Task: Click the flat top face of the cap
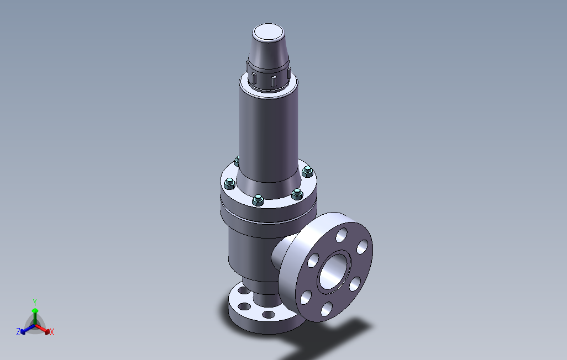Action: coord(269,33)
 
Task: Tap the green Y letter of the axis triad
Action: coord(35,302)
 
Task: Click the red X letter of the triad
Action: coord(52,332)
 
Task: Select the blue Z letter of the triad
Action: coord(18,331)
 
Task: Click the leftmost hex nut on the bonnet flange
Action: coord(229,184)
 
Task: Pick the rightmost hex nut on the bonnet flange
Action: coord(307,172)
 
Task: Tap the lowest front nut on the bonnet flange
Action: coord(258,200)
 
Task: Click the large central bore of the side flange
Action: coord(334,271)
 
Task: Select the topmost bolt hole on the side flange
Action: coord(342,235)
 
